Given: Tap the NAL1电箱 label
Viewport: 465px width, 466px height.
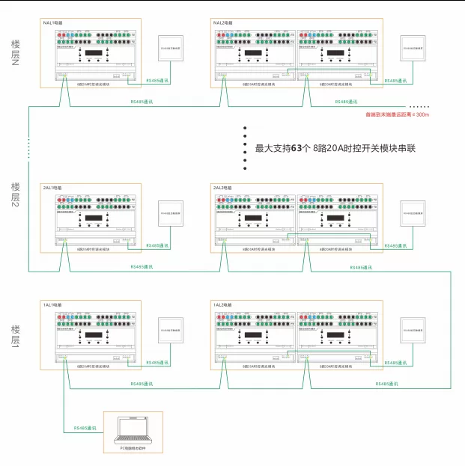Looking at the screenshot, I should pyautogui.click(x=54, y=23).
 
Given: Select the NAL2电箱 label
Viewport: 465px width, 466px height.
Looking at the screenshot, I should pyautogui.click(x=224, y=23).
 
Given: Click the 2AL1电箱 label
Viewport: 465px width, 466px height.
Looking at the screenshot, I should pyautogui.click(x=53, y=188).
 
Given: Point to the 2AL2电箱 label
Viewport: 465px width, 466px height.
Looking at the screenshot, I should pyautogui.click(x=223, y=188).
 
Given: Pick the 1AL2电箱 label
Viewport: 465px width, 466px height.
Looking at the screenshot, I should pyautogui.click(x=223, y=306).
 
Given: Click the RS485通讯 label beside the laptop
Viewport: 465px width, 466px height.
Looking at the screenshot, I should pyautogui.click(x=85, y=429).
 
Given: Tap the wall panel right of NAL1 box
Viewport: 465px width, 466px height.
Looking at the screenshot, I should pyautogui.click(x=170, y=50).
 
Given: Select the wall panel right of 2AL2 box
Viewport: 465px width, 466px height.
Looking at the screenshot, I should pyautogui.click(x=412, y=215).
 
